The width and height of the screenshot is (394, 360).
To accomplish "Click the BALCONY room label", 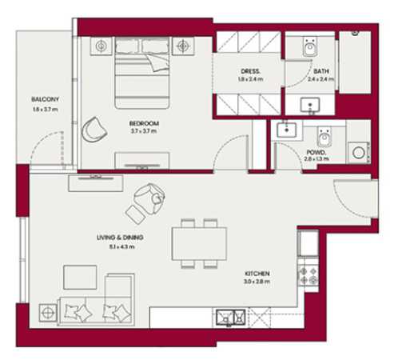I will tap(46, 99).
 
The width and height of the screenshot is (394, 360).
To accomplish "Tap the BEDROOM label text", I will tap(144, 123).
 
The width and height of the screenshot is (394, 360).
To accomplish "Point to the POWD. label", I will tap(314, 150).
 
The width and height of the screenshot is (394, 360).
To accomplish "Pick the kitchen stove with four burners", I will tap(308, 276).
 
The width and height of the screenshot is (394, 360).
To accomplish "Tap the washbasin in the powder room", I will tap(285, 129).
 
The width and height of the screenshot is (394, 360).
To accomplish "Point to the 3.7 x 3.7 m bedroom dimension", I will tap(144, 132).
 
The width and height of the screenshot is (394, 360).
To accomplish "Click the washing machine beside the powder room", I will tap(358, 150).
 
